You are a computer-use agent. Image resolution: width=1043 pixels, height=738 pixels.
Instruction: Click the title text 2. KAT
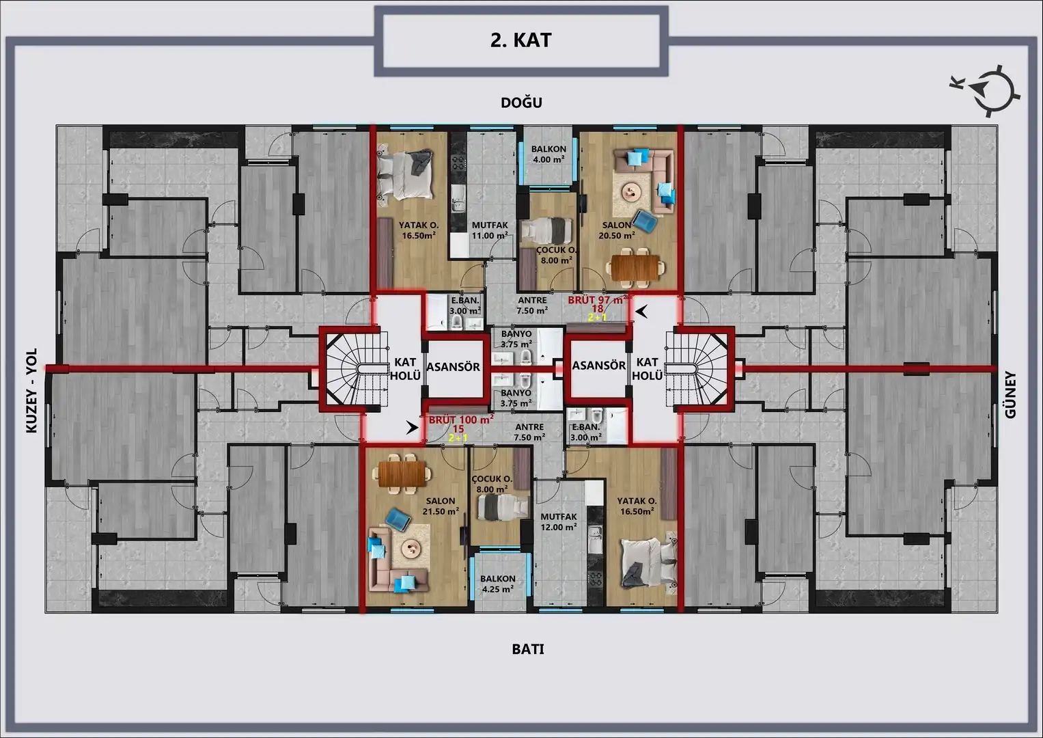point(520,40)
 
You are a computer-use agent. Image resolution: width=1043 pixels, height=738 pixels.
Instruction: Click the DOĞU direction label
point(522,102)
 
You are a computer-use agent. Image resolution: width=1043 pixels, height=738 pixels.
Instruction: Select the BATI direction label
point(528,649)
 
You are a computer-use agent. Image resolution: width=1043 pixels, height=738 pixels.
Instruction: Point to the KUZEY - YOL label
point(31,391)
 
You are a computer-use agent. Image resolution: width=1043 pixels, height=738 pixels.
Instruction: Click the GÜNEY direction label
point(1010,395)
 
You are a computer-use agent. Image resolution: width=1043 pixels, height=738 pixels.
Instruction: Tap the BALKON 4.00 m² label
point(548,154)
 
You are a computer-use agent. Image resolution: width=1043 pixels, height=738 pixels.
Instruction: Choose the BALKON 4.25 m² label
point(498,584)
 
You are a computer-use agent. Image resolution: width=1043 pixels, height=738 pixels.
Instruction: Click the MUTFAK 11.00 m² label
point(490,230)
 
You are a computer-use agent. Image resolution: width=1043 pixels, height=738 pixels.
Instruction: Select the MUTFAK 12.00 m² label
point(559,522)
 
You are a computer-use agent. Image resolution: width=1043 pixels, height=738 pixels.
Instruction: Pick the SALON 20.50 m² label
point(617,230)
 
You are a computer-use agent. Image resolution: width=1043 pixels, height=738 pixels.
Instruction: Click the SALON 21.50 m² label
point(441,506)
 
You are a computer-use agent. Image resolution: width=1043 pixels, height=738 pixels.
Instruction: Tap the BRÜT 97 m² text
point(597,300)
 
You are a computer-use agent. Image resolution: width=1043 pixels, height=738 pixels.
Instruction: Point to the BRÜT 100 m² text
point(461,420)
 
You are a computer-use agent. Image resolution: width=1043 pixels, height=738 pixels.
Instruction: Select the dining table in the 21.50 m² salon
point(402,474)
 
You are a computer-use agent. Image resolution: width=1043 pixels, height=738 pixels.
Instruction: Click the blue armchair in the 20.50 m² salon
point(645,220)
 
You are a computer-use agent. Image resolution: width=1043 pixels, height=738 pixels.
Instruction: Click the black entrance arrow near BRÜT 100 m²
point(412,427)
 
